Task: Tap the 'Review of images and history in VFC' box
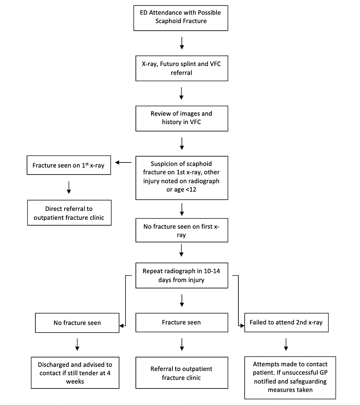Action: [x=181, y=118]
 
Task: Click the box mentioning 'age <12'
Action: [x=181, y=178]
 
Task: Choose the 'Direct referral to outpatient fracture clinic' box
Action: [x=69, y=212]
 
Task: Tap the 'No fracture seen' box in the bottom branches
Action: [x=77, y=322]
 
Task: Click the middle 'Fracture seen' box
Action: [x=181, y=322]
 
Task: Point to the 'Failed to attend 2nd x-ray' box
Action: [x=286, y=322]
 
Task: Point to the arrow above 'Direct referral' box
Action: [x=69, y=187]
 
